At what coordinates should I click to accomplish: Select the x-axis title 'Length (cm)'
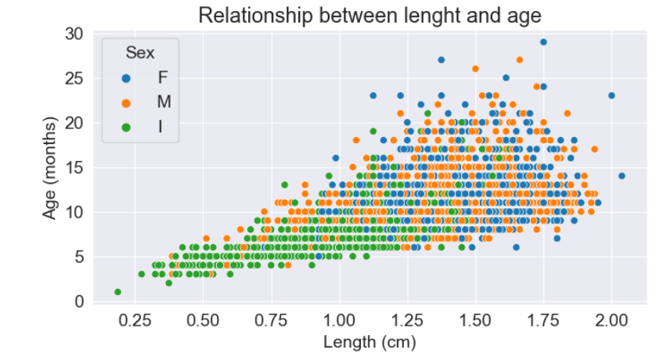[x=369, y=342]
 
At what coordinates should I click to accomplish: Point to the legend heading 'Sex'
[x=140, y=53]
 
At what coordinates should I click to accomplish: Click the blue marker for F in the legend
[x=127, y=77]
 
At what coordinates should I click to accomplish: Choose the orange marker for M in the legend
[x=127, y=102]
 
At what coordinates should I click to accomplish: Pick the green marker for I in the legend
[x=127, y=126]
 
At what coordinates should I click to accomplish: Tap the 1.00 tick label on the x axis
[x=339, y=320]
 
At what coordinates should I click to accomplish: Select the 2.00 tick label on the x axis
[x=611, y=320]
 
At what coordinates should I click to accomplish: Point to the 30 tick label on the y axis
[x=74, y=34]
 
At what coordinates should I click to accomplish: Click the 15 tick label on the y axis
[x=74, y=167]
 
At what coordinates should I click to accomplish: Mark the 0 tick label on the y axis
[x=78, y=301]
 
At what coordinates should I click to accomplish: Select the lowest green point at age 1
[x=117, y=292]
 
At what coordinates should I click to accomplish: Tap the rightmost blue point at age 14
[x=622, y=176]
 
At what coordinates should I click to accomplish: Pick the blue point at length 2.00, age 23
[x=611, y=95]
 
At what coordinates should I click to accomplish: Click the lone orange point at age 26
[x=475, y=69]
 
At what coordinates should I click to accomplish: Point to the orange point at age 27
[x=520, y=60]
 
